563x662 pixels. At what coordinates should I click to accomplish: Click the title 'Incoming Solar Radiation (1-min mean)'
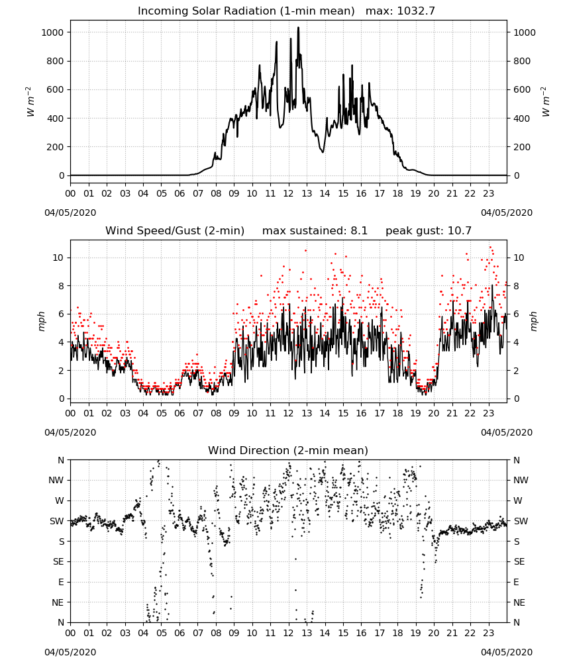click(x=246, y=11)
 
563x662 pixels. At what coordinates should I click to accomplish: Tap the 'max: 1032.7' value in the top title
click(x=400, y=11)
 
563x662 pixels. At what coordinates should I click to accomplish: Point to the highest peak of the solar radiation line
click(x=298, y=27)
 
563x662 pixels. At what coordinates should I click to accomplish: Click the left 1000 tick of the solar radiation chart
click(x=52, y=32)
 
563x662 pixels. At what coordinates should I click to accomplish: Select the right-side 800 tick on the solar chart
click(x=522, y=61)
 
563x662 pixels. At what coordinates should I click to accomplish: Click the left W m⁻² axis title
click(x=30, y=101)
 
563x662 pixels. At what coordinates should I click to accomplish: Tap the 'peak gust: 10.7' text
click(x=429, y=230)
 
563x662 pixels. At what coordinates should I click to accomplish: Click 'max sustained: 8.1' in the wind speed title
click(x=315, y=230)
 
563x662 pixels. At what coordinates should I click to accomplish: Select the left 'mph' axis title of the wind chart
click(x=41, y=321)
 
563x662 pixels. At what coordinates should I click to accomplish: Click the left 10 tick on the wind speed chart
click(x=58, y=258)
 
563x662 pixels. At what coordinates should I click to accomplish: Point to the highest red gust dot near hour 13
click(x=305, y=250)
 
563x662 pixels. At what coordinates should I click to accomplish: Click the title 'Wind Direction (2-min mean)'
click(x=288, y=450)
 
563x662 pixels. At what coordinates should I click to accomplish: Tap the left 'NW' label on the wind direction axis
click(x=56, y=480)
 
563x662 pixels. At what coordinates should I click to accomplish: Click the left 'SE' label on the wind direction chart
click(x=58, y=561)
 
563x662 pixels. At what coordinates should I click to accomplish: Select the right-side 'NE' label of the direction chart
click(x=519, y=602)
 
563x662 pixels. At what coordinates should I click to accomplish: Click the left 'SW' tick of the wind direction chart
click(x=57, y=521)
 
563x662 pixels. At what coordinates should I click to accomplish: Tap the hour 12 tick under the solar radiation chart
click(x=289, y=193)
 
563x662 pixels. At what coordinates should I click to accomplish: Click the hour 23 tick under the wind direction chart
click(x=488, y=633)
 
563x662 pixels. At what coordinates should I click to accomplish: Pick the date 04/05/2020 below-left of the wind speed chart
click(x=70, y=432)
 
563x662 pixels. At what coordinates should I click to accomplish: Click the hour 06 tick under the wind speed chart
click(x=179, y=413)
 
